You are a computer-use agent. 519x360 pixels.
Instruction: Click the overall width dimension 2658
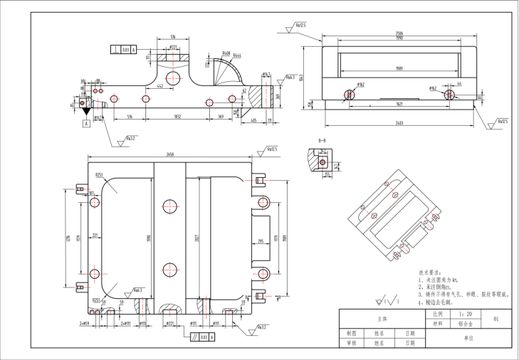(170, 154)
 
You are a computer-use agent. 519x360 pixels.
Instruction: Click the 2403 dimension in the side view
(404, 122)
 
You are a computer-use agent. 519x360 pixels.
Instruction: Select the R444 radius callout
(237, 55)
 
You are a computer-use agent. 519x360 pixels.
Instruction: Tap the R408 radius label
(226, 53)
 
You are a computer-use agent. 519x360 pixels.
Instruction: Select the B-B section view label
(322, 141)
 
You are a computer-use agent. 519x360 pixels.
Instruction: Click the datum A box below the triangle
(86, 123)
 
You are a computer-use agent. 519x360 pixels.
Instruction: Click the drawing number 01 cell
(496, 319)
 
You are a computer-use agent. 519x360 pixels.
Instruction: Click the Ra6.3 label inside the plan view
(137, 290)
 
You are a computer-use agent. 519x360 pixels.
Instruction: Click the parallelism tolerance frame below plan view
(201, 337)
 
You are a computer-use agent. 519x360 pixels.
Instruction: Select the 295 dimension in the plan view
(260, 242)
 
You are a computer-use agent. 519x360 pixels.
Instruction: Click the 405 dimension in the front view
(254, 121)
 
